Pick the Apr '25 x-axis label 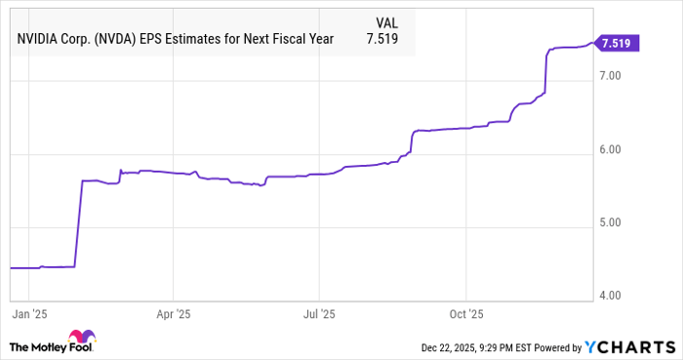point(172,315)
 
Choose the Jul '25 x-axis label point(319,315)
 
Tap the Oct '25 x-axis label point(466,315)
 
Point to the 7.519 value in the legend point(382,39)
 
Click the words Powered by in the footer point(560,347)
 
